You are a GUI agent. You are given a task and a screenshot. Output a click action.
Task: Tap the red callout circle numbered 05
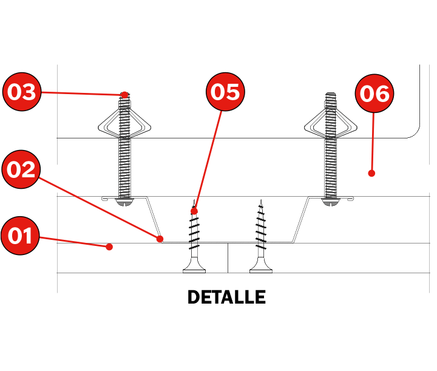pos(225,92)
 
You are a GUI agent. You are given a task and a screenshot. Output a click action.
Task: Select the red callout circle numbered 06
pos(374,94)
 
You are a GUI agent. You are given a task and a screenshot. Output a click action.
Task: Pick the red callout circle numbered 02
pos(21,169)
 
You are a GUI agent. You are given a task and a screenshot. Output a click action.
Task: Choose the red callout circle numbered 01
pos(20,235)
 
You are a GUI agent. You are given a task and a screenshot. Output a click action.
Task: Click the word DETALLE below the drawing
pos(226,298)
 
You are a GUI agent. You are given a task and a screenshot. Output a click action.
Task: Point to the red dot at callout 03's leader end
pos(124,95)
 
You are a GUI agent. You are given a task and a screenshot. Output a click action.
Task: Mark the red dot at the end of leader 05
pos(194,211)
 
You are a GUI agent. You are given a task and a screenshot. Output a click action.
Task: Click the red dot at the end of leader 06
pos(371,173)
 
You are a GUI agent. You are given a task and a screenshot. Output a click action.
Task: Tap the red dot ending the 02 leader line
pos(160,239)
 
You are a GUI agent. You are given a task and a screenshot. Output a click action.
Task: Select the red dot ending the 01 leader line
pos(109,247)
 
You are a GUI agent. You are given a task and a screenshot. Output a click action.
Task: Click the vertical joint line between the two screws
pos(228,258)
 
